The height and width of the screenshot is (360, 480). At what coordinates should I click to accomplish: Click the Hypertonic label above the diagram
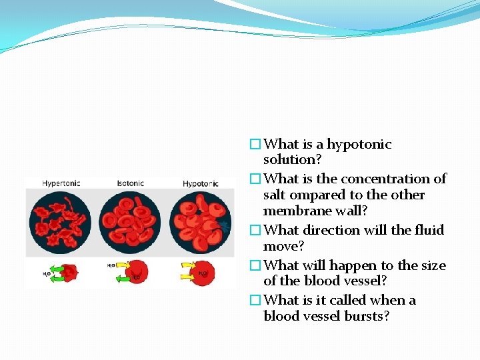point(61,183)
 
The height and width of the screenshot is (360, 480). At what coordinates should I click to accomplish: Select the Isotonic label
point(131,183)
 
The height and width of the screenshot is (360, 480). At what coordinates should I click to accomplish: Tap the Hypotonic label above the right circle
point(201,183)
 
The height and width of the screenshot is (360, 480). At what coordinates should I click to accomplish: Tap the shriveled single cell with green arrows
point(67,272)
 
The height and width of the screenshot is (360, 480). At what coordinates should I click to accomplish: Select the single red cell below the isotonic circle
point(137,272)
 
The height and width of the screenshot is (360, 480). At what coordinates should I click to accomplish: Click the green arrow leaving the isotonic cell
point(121,279)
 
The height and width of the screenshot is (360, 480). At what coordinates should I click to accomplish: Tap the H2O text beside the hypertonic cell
point(47,274)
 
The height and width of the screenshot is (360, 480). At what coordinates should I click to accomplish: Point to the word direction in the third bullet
point(333,231)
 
